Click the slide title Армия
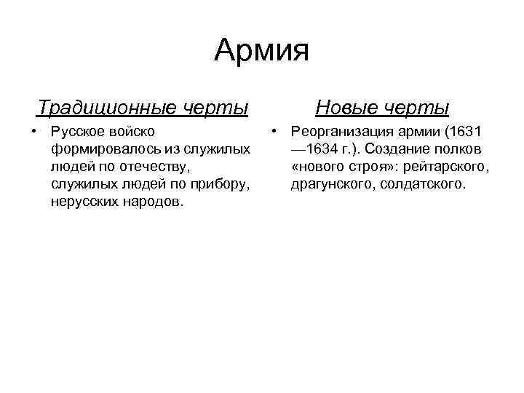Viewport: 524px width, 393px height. [262, 51]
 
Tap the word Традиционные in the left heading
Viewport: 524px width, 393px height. [105, 108]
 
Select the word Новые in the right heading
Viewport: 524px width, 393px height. [347, 108]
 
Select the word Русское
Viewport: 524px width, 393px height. [78, 132]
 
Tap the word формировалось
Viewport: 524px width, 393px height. [98, 150]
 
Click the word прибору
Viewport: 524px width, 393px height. [218, 185]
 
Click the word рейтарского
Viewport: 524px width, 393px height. [448, 167]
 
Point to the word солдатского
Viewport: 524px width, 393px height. [421, 185]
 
